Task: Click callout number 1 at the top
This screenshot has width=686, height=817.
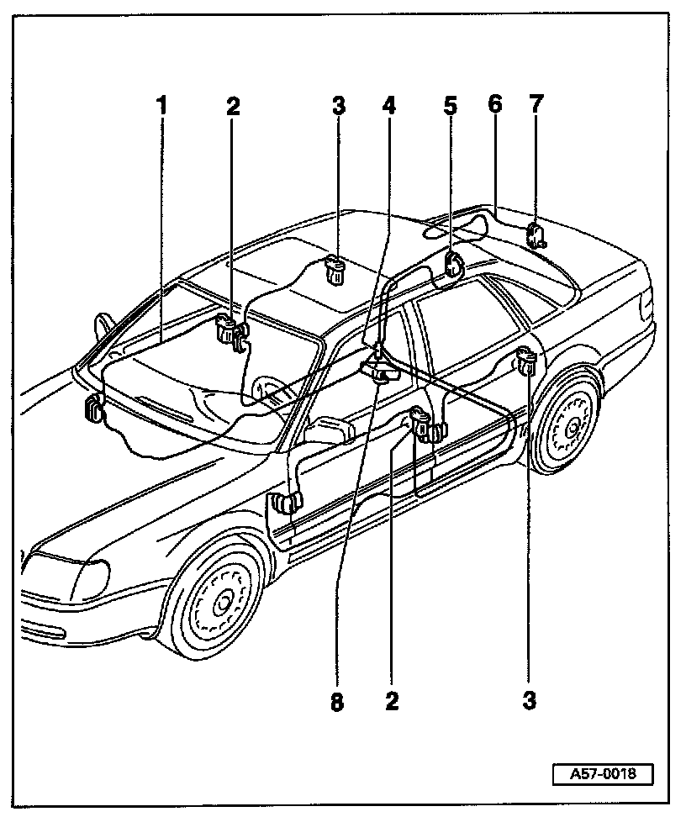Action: (x=161, y=106)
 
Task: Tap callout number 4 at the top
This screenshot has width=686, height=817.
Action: (x=388, y=106)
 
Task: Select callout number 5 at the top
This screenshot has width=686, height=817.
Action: (x=451, y=106)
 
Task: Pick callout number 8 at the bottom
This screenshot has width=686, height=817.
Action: (x=337, y=702)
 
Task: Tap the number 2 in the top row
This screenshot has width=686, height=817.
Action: (x=233, y=106)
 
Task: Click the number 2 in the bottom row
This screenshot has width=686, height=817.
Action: (x=392, y=702)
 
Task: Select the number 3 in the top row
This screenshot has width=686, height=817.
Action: (x=338, y=106)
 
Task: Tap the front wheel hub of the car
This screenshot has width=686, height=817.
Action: (x=222, y=602)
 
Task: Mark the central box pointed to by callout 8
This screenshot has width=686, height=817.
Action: (x=379, y=370)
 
